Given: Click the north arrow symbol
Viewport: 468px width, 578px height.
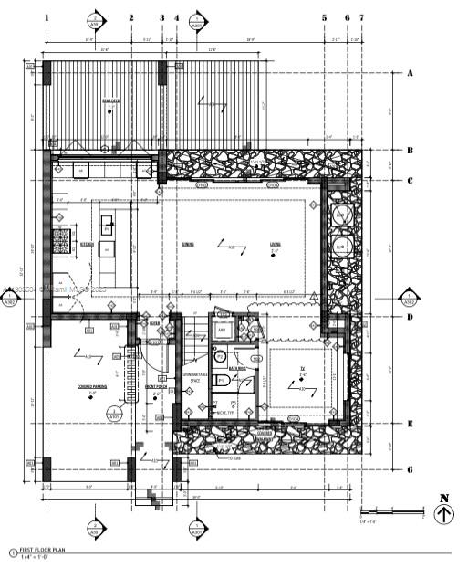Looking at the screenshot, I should (444, 515).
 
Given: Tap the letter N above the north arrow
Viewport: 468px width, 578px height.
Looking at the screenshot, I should (444, 498).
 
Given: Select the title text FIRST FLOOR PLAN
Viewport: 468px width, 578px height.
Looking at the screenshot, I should (46, 550).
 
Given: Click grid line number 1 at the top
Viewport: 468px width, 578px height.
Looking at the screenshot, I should (47, 17).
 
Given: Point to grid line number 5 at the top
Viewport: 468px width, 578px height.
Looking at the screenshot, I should (324, 17).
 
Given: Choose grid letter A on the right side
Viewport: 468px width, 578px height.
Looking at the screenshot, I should (411, 73).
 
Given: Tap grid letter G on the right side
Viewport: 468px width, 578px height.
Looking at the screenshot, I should (411, 468).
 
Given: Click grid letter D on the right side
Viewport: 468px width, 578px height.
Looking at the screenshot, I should (411, 318).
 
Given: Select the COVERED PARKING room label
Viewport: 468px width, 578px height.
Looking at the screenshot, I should (94, 386).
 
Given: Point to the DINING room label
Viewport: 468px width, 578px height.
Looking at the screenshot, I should (188, 244).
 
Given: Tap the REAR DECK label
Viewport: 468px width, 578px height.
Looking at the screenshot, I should (111, 100).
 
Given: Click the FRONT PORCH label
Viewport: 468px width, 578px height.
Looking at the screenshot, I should (156, 386).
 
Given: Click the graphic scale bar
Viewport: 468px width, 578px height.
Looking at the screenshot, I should (392, 511).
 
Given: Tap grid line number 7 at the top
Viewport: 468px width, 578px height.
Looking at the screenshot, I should (361, 17).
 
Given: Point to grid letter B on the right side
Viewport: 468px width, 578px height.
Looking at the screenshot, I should (411, 152).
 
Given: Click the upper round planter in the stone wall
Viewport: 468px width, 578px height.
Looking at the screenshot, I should (341, 215).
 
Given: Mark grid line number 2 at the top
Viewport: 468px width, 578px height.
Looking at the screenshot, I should (130, 17).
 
